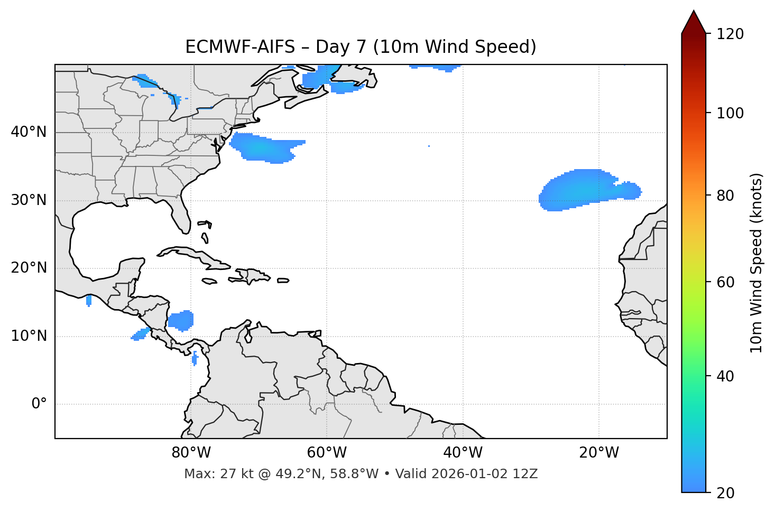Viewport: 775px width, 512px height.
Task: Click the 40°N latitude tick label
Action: (29, 132)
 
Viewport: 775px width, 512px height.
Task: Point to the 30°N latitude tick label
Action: (29, 200)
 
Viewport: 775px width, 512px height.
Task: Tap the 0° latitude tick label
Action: (39, 404)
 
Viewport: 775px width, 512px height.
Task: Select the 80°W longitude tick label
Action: (191, 453)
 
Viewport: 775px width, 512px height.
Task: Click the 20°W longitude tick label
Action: (599, 453)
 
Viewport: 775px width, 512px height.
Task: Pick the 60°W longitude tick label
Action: (327, 453)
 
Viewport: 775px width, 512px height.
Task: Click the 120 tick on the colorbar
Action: (730, 34)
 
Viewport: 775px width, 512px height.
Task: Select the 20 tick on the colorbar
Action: (725, 493)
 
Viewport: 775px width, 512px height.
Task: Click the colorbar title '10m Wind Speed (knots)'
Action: (756, 263)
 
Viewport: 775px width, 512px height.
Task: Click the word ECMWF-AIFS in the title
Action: (240, 47)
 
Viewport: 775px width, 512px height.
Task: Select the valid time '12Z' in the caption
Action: (527, 474)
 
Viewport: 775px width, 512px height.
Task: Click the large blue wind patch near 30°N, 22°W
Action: (582, 190)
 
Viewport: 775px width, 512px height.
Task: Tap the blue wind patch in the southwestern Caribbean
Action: (181, 320)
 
